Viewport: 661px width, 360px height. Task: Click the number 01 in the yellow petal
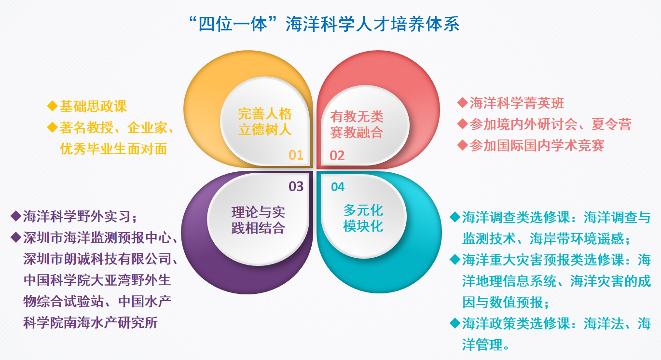[x=296, y=155]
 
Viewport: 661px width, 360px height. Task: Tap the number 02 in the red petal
[x=337, y=155]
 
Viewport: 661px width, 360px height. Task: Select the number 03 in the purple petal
[x=296, y=186]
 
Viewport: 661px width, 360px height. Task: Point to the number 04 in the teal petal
[x=338, y=187]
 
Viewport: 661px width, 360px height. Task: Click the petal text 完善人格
[x=265, y=114]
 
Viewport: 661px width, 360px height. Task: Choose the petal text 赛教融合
[x=357, y=132]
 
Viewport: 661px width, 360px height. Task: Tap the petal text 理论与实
[x=258, y=212]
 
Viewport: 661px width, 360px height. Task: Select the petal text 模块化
[x=363, y=226]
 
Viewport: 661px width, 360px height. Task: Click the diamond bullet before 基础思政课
[x=52, y=106]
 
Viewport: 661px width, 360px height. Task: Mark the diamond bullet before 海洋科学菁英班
[x=462, y=103]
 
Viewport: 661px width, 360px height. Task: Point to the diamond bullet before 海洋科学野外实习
[x=15, y=216]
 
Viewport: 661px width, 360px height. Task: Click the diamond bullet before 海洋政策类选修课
[x=455, y=323]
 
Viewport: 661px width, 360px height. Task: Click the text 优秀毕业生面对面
[x=113, y=149]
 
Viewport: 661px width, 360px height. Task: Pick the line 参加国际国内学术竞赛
[x=537, y=145]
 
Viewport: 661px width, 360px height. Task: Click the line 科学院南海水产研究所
[x=90, y=322]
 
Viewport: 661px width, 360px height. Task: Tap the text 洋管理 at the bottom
[x=482, y=345]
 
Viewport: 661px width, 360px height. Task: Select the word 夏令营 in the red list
[x=611, y=124]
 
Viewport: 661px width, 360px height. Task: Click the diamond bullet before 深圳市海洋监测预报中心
[x=15, y=237]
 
